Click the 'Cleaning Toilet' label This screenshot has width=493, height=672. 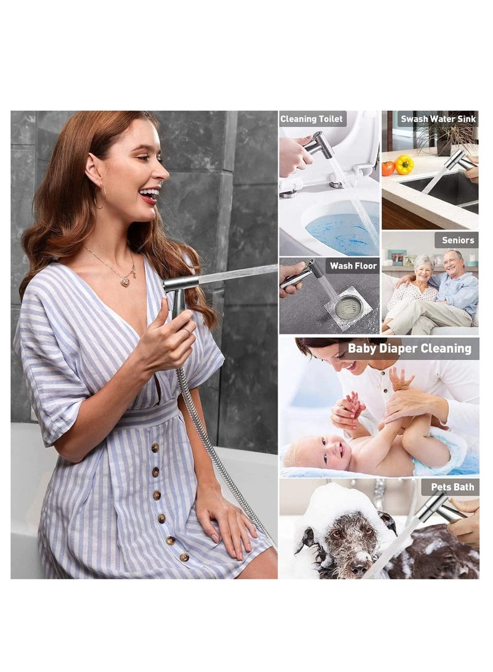pyautogui.click(x=312, y=119)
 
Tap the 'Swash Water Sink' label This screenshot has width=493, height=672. pyautogui.click(x=438, y=119)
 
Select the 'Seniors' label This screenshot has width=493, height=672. pyautogui.click(x=458, y=240)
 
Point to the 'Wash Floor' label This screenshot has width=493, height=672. pyautogui.click(x=352, y=265)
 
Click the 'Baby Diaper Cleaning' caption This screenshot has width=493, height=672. pyautogui.click(x=410, y=349)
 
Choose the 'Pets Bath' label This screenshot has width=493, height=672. pyautogui.click(x=452, y=487)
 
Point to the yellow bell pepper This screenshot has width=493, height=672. pyautogui.click(x=404, y=164)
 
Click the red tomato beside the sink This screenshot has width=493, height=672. pyautogui.click(x=388, y=168)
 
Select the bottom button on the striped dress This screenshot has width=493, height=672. pyautogui.click(x=184, y=557)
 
